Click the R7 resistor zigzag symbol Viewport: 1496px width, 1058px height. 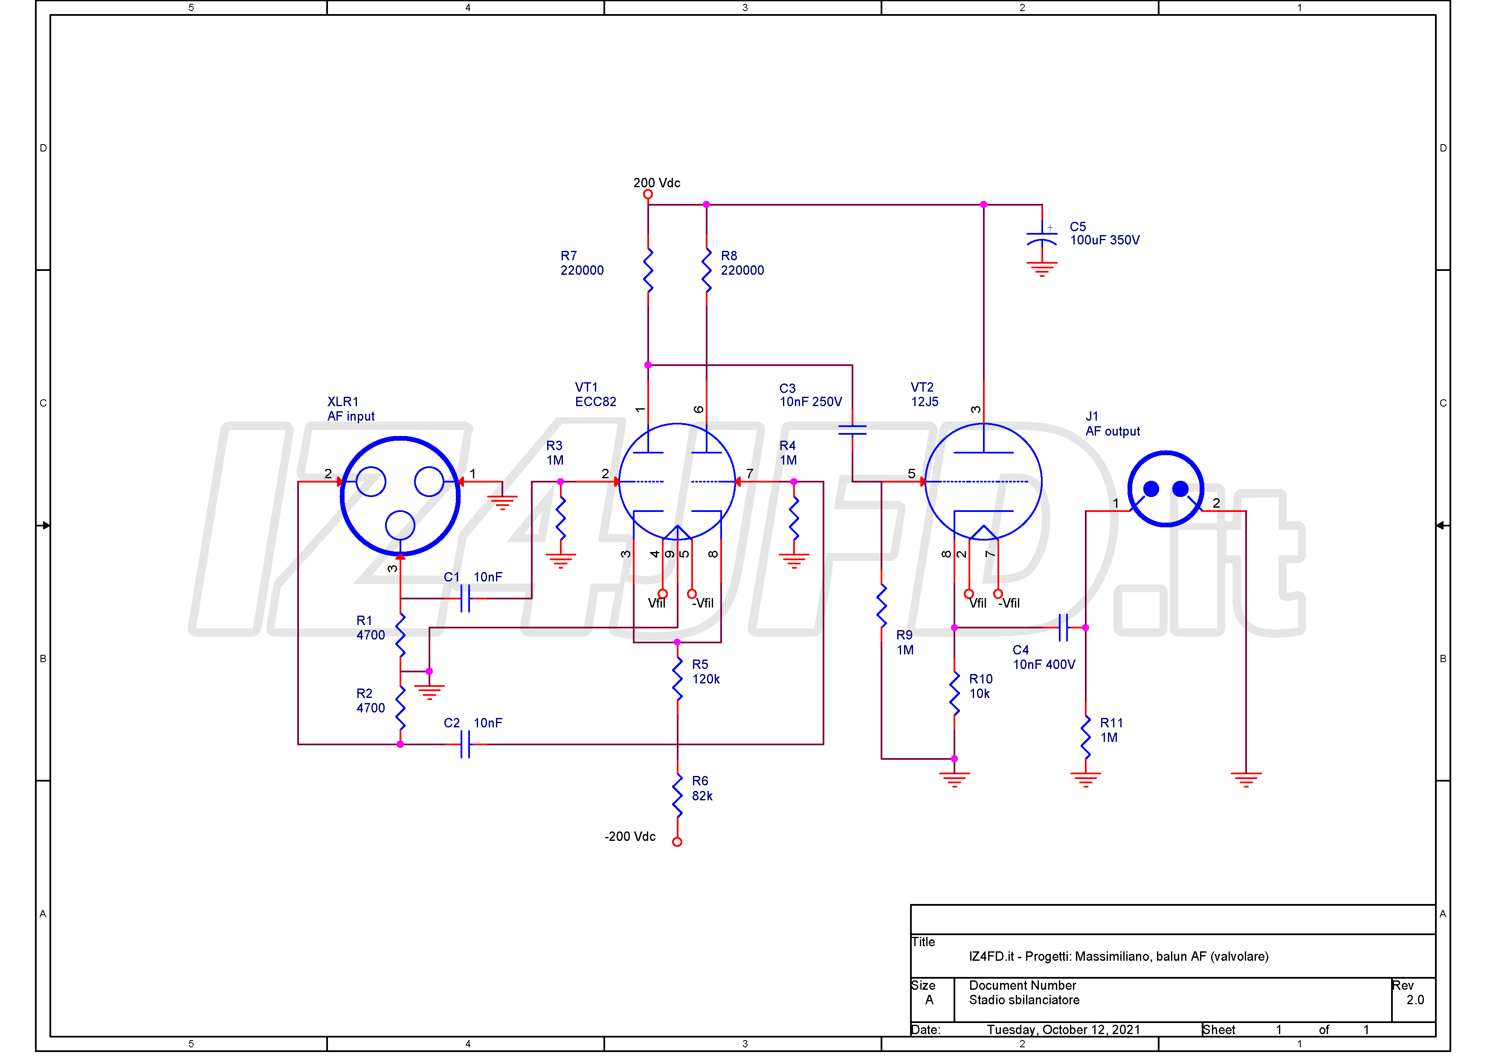(x=648, y=270)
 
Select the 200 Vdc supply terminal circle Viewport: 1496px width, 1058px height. (x=648, y=194)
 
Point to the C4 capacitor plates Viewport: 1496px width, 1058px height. (x=1063, y=627)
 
